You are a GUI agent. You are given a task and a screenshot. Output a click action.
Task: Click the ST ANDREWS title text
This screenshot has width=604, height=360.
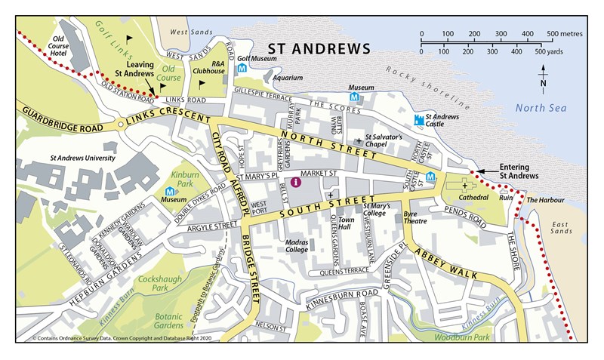point(321,49)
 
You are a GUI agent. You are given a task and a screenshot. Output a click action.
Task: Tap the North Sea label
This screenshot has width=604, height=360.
point(541,109)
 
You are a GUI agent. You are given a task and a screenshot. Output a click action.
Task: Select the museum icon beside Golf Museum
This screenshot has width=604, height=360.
point(242,68)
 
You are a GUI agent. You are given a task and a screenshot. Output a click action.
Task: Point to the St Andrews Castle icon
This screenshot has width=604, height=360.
point(419,119)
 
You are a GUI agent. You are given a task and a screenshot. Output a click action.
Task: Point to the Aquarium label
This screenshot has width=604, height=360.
point(288,77)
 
